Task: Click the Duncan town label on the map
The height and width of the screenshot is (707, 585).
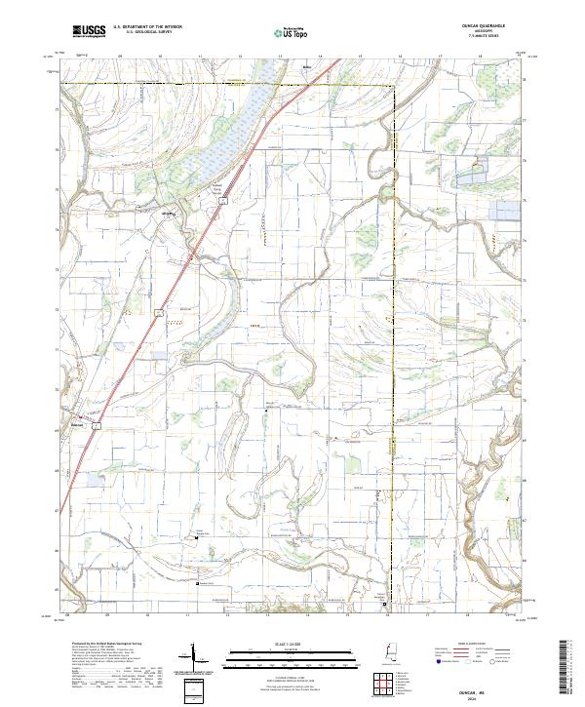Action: click(79, 426)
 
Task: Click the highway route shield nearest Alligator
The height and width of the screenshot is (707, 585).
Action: click(222, 201)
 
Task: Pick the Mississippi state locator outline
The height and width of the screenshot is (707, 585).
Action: click(392, 653)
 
